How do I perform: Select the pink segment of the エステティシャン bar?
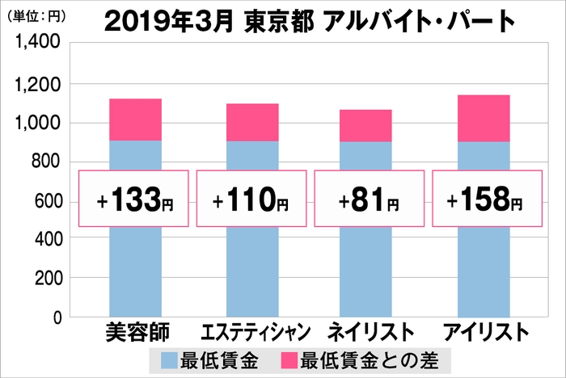pos(252,122)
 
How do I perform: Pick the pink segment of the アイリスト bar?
pos(484,118)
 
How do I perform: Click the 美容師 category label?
pos(135,333)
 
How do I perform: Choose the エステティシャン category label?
pos(252,333)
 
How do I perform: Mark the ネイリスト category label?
pos(369,333)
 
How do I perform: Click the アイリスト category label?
pos(485,333)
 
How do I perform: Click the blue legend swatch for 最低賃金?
pos(171,358)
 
